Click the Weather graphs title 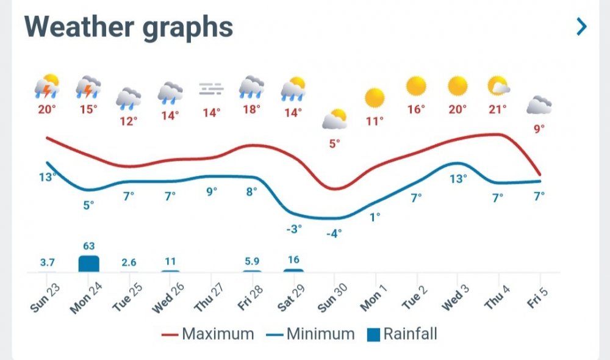click(x=129, y=27)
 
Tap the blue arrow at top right click(x=582, y=26)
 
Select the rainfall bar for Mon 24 click(x=88, y=264)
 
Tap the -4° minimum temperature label click(x=334, y=233)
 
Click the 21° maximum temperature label click(x=497, y=110)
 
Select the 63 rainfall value click(x=88, y=246)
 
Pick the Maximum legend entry click(x=208, y=334)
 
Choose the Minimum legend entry click(x=311, y=334)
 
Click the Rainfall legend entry click(x=403, y=334)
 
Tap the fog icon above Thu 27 click(x=211, y=89)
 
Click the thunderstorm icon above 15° click(x=88, y=87)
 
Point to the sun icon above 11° click(x=375, y=98)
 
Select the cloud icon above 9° click(x=539, y=106)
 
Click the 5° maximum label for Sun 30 click(x=334, y=144)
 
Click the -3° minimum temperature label click(x=293, y=229)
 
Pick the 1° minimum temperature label click(x=375, y=216)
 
